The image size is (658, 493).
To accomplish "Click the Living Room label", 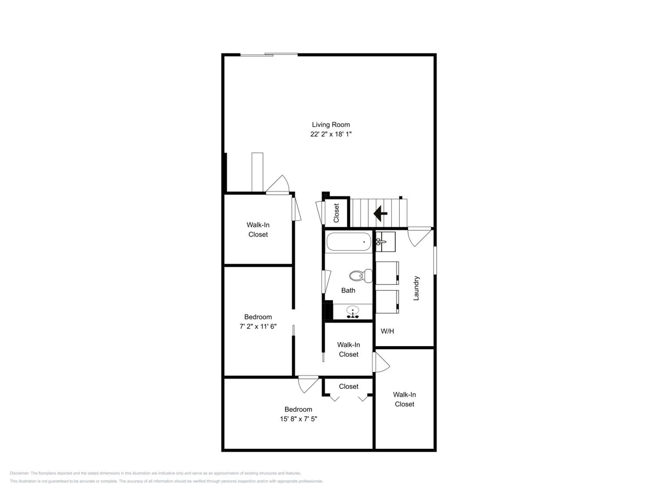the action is pyautogui.click(x=331, y=125).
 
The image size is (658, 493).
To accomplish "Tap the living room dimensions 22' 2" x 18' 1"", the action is pyautogui.click(x=331, y=134).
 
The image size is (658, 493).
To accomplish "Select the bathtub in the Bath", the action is pyautogui.click(x=349, y=242).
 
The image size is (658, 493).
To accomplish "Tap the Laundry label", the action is pyautogui.click(x=416, y=288).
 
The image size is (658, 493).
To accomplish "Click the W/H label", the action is pyautogui.click(x=387, y=331).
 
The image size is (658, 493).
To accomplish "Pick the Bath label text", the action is pyautogui.click(x=348, y=290).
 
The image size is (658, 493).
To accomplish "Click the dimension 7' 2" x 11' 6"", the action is pyautogui.click(x=258, y=326).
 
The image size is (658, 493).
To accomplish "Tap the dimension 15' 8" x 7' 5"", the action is pyautogui.click(x=298, y=419).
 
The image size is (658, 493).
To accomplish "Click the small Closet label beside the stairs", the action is pyautogui.click(x=336, y=213).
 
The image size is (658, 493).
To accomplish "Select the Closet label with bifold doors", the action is pyautogui.click(x=349, y=386).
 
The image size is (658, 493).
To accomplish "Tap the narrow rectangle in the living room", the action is pyautogui.click(x=257, y=172).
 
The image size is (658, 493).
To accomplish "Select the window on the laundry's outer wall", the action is pyautogui.click(x=435, y=260).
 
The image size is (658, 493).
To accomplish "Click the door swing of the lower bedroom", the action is pyautogui.click(x=308, y=384).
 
